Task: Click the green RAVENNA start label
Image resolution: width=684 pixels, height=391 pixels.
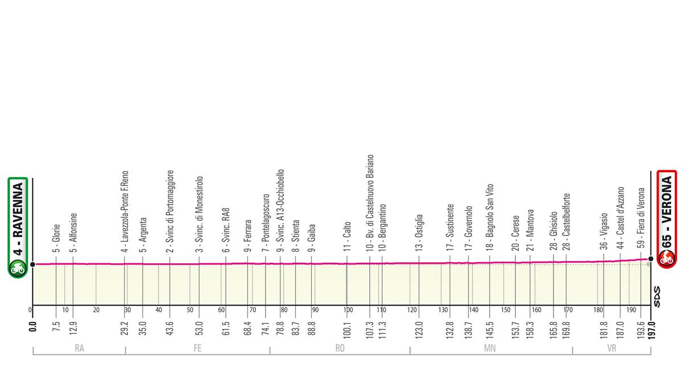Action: (18, 219)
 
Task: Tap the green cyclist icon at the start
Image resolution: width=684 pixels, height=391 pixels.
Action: (18, 267)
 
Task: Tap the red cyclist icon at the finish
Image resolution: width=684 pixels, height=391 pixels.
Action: (666, 259)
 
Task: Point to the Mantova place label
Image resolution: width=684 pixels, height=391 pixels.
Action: (530, 235)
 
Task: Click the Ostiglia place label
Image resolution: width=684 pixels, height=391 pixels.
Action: (419, 233)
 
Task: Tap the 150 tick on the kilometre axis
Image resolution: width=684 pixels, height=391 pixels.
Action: (505, 311)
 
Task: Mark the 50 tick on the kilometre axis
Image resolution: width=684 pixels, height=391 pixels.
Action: (190, 311)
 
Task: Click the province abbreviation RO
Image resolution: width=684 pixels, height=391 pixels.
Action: (340, 351)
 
